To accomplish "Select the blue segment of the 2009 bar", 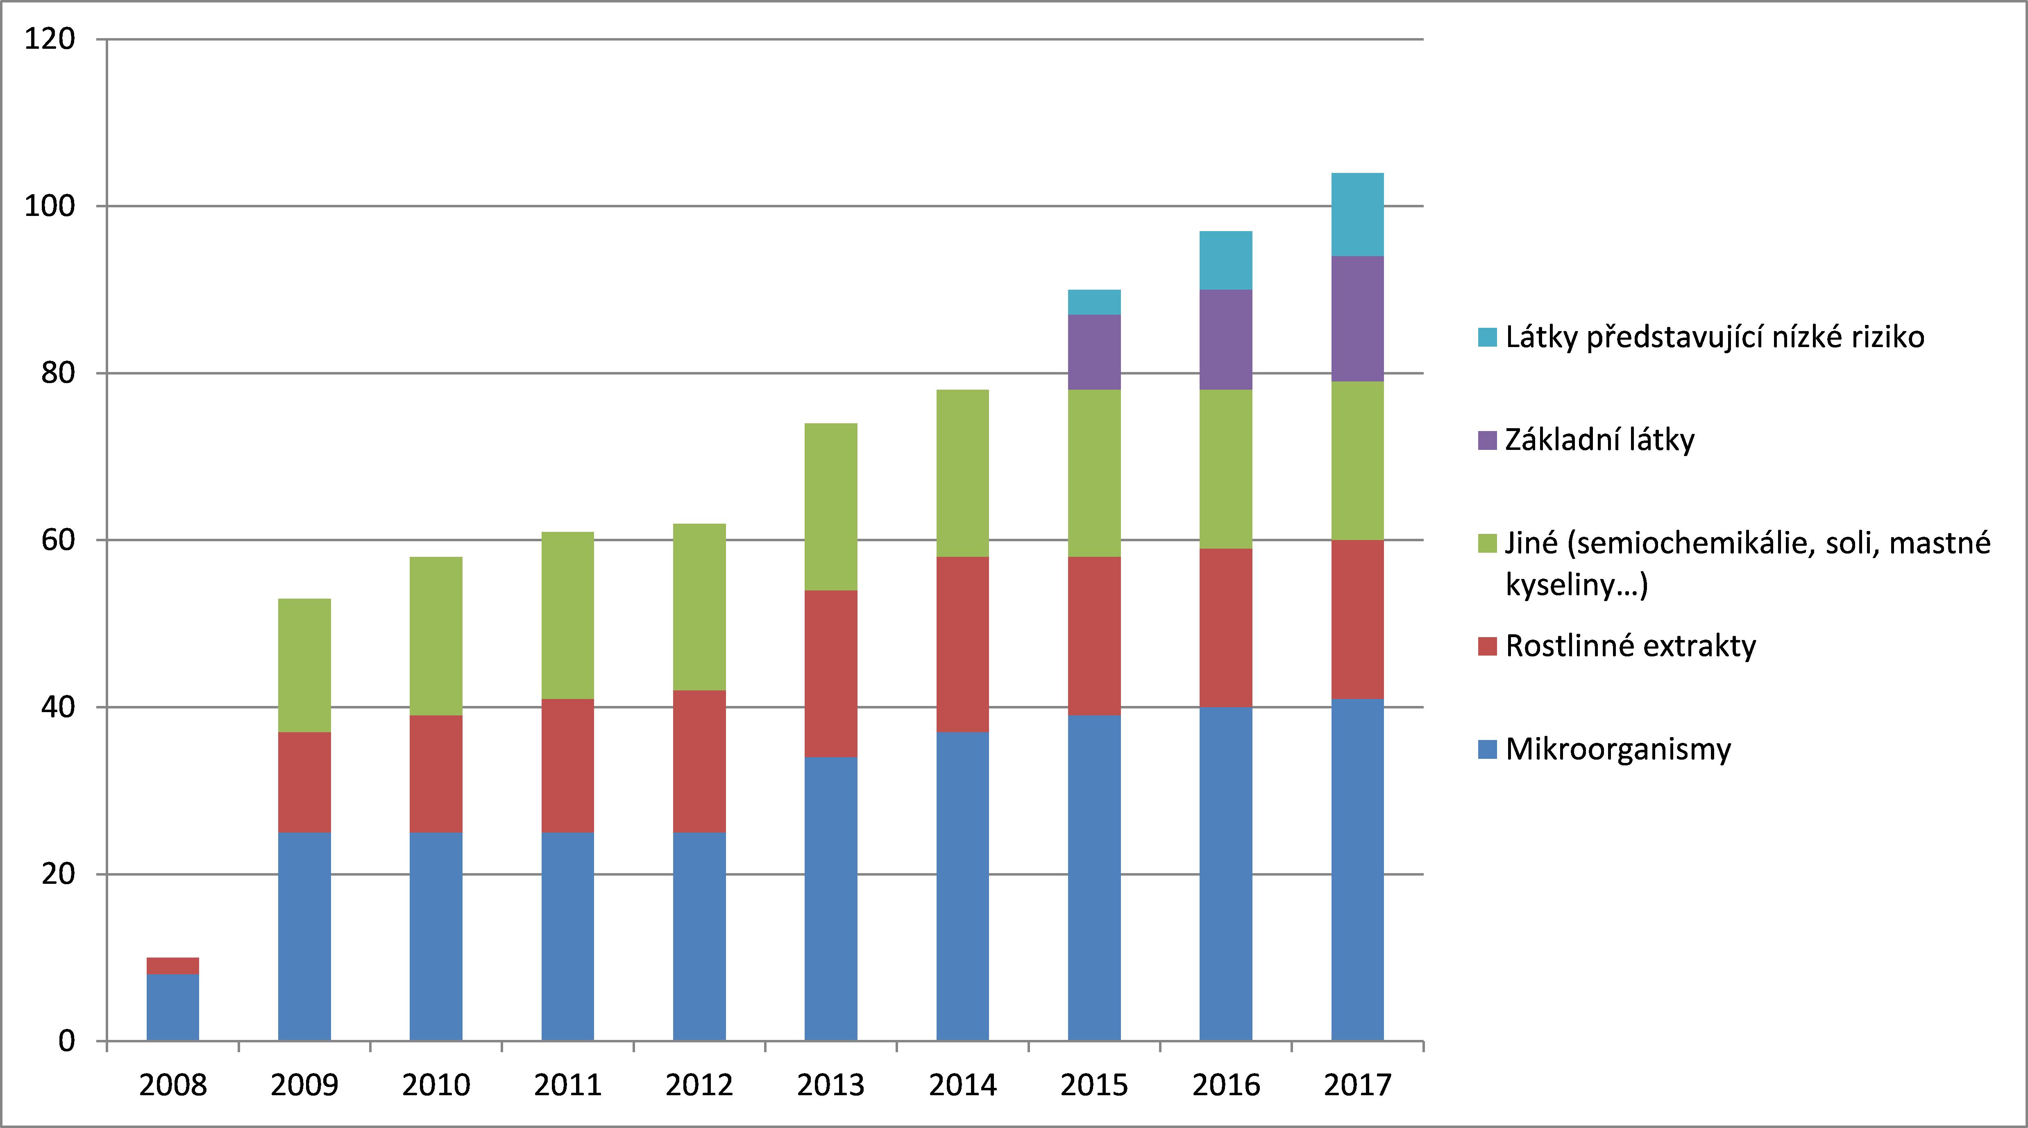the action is click(x=305, y=937).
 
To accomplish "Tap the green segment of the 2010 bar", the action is click(x=436, y=636).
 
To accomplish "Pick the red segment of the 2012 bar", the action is click(x=699, y=761).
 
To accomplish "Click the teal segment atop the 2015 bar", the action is click(x=1094, y=302).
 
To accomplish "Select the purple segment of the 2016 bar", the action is click(x=1226, y=340).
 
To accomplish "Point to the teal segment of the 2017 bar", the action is click(x=1357, y=214).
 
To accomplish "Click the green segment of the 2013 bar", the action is click(x=830, y=507).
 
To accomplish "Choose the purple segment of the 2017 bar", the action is click(x=1357, y=319).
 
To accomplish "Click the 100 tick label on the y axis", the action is click(x=50, y=206).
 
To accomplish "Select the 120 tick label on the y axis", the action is click(x=50, y=39).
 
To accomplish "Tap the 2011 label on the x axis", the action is click(x=567, y=1085).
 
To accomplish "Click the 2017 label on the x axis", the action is click(x=1357, y=1085).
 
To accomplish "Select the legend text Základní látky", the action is click(x=1600, y=439).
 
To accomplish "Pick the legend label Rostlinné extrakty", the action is click(x=1631, y=645).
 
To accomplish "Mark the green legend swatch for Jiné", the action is click(x=1487, y=543).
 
